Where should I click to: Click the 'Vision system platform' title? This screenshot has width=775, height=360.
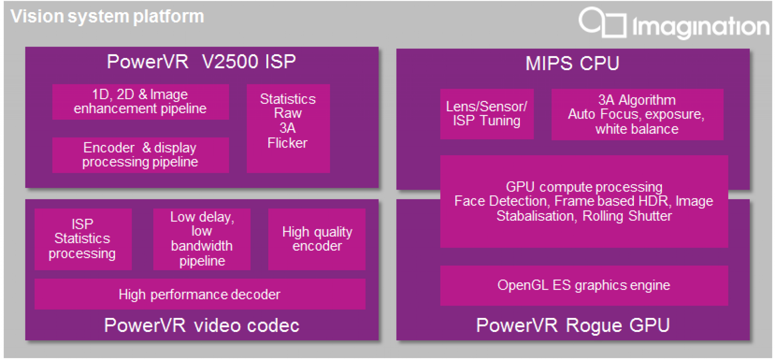coord(107,17)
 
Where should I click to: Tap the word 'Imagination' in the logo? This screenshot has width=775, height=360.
coord(700,26)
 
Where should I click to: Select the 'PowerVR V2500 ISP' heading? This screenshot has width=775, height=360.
coord(201,62)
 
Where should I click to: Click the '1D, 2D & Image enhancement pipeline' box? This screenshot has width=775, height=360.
coord(140,102)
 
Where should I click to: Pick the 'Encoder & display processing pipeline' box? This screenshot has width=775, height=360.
coord(140,155)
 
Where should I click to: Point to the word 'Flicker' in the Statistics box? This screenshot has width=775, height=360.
coord(288,143)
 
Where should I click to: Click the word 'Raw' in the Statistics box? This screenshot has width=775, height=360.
coord(288,113)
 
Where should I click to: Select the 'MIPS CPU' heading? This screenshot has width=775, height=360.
coord(572,63)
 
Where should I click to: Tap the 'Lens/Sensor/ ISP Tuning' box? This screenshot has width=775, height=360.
coord(487,114)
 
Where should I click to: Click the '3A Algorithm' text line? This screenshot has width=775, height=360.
coord(637,100)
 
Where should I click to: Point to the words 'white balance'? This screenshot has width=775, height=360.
coord(637,129)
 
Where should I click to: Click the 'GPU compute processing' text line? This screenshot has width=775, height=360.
coord(584,187)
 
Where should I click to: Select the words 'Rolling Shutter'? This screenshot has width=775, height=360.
coord(627,216)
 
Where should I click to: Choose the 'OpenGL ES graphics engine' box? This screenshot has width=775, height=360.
coord(584,285)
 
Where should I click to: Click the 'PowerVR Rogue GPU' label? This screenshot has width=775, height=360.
coord(573,325)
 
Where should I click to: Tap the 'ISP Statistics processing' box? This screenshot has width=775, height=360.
coord(82,239)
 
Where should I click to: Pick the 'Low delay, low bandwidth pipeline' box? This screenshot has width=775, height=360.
coord(202,239)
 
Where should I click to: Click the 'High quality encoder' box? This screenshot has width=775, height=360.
coord(317,239)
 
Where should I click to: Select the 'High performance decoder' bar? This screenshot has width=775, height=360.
coord(199,295)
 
